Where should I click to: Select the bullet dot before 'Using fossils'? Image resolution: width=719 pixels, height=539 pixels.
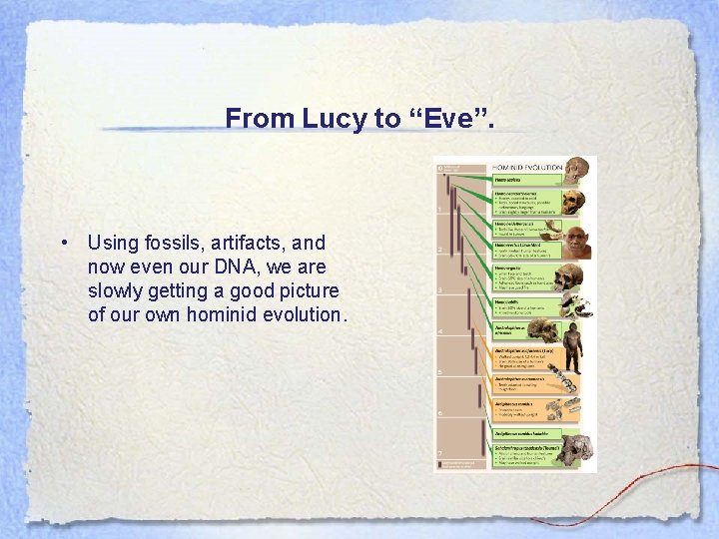pyautogui.click(x=63, y=243)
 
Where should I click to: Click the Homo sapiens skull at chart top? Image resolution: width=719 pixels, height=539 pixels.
pyautogui.click(x=576, y=170)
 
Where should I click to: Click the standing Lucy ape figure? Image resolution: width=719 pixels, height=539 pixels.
pyautogui.click(x=573, y=349)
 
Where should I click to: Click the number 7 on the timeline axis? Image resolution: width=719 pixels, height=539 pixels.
pyautogui.click(x=439, y=452)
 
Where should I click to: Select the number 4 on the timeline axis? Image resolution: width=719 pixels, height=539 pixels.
pyautogui.click(x=439, y=330)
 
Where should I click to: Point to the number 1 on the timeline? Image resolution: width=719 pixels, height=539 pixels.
pyautogui.click(x=439, y=209)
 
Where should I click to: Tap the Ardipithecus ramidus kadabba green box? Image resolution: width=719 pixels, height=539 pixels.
pyautogui.click(x=523, y=433)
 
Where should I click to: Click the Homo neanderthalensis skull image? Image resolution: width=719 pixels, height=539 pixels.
pyautogui.click(x=572, y=202)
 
